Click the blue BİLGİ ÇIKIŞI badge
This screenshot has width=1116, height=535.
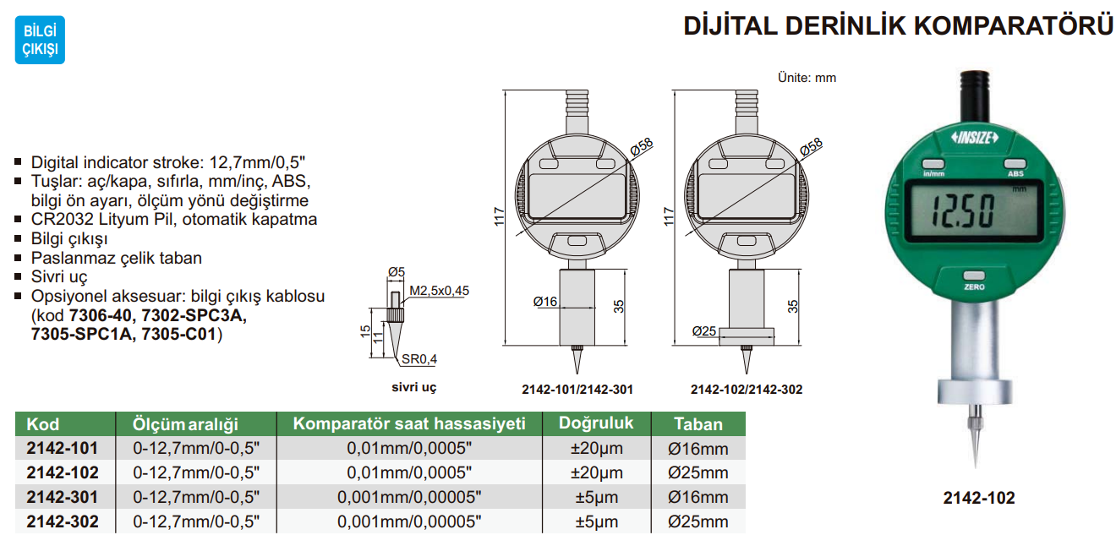point(40,40)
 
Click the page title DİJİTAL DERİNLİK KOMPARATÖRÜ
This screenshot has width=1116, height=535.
point(898,26)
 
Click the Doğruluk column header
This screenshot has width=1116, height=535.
point(596,423)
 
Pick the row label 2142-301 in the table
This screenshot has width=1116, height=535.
point(63,497)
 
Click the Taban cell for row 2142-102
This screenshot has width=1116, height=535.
point(697,472)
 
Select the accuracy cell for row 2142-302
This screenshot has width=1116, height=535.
point(596,521)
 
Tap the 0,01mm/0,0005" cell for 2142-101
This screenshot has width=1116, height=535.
point(409,449)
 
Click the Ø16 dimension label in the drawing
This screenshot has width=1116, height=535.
point(545,302)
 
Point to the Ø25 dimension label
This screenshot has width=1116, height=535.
point(704,330)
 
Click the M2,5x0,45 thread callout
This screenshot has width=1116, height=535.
point(439,291)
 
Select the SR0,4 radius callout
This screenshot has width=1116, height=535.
point(418,359)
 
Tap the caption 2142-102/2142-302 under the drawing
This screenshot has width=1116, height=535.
point(746,390)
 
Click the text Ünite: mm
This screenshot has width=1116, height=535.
point(807,77)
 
